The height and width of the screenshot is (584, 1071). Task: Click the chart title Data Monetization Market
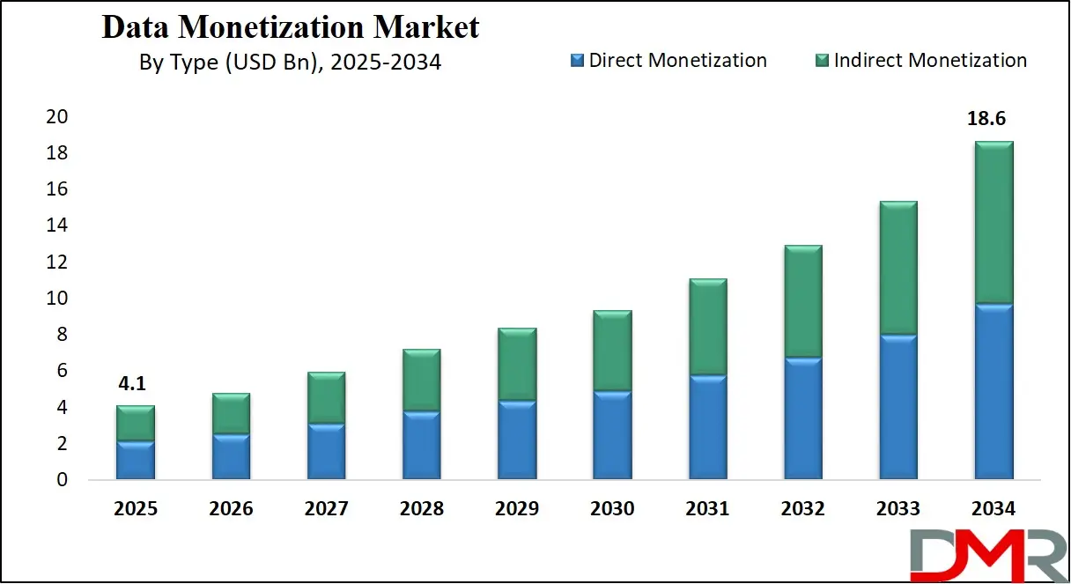coord(291,27)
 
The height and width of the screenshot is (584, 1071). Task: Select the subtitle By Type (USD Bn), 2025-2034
coord(290,62)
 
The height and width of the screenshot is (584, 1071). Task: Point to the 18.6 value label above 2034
coord(993,118)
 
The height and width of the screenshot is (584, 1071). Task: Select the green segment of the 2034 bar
coord(993,222)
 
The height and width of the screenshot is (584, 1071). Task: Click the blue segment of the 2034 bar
coord(993,392)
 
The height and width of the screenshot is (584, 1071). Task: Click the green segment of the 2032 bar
coord(802,301)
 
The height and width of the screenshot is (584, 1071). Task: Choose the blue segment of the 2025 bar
coord(136,460)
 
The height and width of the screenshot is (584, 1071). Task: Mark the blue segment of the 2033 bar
coord(897,407)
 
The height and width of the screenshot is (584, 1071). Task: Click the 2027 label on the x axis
coord(326,509)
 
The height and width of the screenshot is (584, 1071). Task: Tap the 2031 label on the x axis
coord(707,509)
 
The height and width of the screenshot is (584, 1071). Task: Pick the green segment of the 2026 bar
coord(231,413)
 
